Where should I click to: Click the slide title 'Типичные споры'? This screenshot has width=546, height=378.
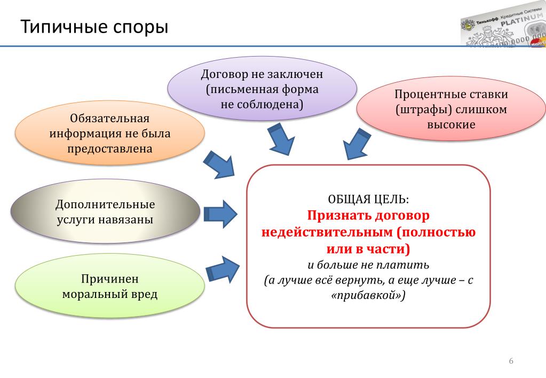pyautogui.click(x=94, y=26)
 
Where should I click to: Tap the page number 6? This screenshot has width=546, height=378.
pyautogui.click(x=511, y=361)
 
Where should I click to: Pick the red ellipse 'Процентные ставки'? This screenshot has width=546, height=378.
pyautogui.click(x=451, y=109)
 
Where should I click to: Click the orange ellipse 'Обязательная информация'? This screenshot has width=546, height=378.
pyautogui.click(x=110, y=133)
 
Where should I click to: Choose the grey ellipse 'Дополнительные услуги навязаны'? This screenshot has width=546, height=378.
pyautogui.click(x=105, y=212)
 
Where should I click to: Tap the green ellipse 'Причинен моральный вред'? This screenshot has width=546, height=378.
pyautogui.click(x=110, y=286)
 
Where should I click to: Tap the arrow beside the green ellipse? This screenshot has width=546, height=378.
pyautogui.click(x=223, y=269)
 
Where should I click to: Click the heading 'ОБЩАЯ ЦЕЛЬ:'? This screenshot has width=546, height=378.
pyautogui.click(x=368, y=199)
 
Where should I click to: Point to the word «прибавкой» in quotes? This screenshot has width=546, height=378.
pyautogui.click(x=368, y=295)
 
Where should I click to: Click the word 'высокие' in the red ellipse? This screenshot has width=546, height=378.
pyautogui.click(x=451, y=124)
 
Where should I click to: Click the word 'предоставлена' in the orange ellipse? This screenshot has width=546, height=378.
pyautogui.click(x=110, y=148)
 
